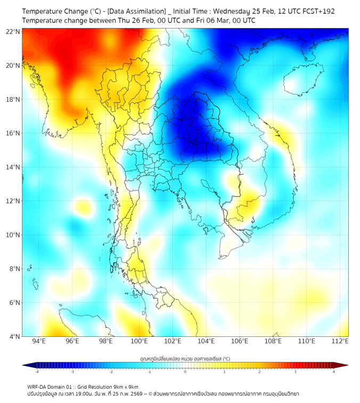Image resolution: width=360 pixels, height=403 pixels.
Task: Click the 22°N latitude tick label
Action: [x=13, y=31]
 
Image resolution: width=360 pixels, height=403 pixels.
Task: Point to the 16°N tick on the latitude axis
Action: [x=13, y=133]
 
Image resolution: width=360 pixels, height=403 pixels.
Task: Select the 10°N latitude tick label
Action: [x=13, y=235]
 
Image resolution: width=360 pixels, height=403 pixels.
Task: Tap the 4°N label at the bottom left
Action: [x=15, y=336]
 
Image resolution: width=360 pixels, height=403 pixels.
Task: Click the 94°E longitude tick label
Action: [x=39, y=341]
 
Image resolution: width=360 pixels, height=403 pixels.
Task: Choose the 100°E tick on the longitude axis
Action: [x=139, y=341]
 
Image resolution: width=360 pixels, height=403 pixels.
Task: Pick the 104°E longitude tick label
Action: [x=206, y=341]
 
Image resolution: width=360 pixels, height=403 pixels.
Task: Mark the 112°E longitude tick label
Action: [x=340, y=341]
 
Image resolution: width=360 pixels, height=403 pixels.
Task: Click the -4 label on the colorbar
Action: [x=37, y=372]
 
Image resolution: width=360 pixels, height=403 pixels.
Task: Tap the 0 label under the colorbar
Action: [x=185, y=372]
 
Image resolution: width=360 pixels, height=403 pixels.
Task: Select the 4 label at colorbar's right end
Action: [x=333, y=372]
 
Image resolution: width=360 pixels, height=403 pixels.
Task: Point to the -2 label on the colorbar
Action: [x=111, y=372]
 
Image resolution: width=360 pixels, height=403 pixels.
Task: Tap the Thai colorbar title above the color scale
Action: [x=185, y=358]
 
